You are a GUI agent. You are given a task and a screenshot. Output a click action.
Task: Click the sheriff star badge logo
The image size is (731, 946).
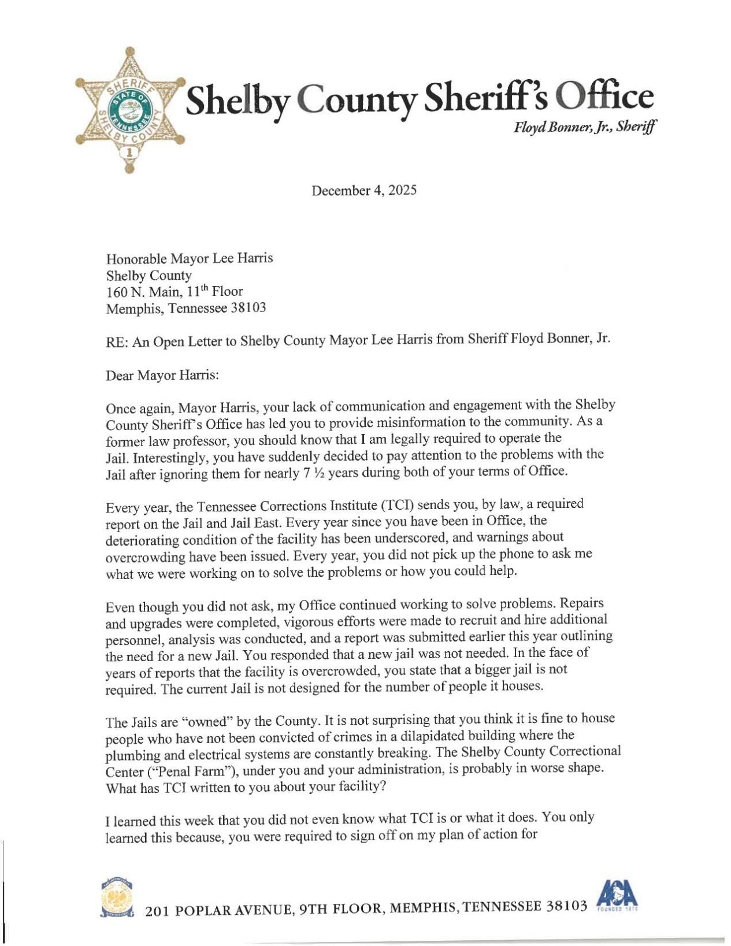(x=130, y=110)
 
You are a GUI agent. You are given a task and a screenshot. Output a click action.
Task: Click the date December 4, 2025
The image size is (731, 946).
(x=363, y=191)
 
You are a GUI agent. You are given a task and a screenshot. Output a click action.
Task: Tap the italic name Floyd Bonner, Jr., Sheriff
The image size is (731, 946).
(x=584, y=128)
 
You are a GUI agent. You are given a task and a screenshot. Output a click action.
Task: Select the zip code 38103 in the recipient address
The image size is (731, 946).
(x=248, y=308)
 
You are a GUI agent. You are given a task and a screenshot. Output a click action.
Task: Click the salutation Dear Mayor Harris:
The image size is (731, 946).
(x=162, y=376)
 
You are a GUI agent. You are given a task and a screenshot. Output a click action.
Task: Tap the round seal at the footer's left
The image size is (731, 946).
(x=117, y=899)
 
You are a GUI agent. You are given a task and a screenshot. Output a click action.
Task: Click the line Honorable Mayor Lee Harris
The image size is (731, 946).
(x=189, y=258)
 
